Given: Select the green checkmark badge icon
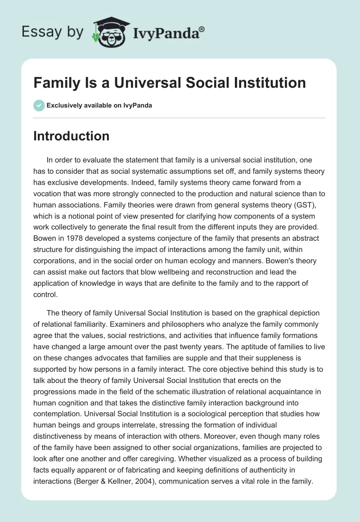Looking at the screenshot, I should [x=39, y=105].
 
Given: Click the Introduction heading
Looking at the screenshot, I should [x=71, y=136].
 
